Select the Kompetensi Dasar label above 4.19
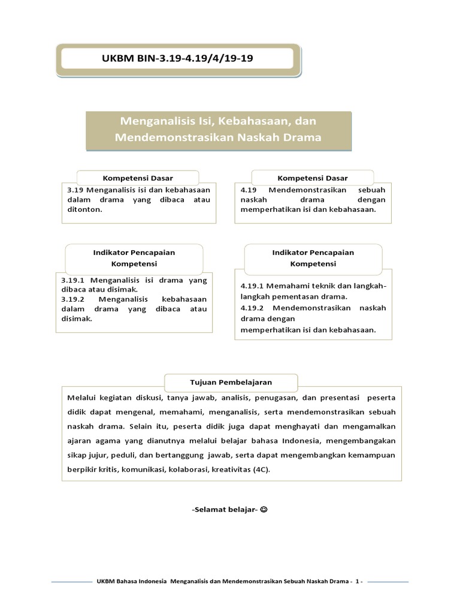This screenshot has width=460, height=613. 312,178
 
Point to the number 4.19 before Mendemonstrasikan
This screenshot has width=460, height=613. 249,189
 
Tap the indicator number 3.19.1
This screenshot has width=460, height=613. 75,280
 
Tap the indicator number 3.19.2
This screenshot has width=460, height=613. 75,299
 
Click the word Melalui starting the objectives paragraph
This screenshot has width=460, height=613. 81,397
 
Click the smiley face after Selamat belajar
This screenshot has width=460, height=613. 264,509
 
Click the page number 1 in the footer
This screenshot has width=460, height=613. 357,581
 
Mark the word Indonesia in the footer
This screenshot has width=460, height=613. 152,581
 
